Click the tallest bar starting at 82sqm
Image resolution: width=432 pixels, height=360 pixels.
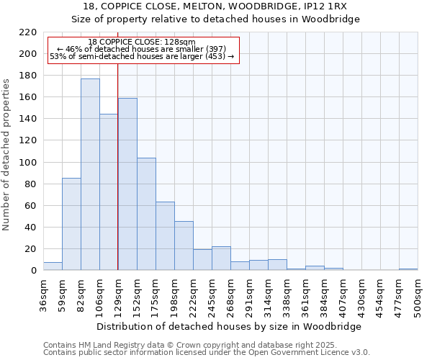[x=90, y=174]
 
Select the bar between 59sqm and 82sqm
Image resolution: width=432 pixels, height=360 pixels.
[x=71, y=224]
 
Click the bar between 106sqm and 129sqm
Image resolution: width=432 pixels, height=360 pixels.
[x=109, y=192]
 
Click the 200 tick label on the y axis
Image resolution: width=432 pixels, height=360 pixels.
[x=27, y=54]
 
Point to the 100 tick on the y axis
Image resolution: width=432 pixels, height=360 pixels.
[x=27, y=162]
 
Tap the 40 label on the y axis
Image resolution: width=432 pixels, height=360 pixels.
[x=30, y=228]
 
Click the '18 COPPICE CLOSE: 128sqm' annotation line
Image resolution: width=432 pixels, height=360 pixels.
[x=141, y=42]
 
